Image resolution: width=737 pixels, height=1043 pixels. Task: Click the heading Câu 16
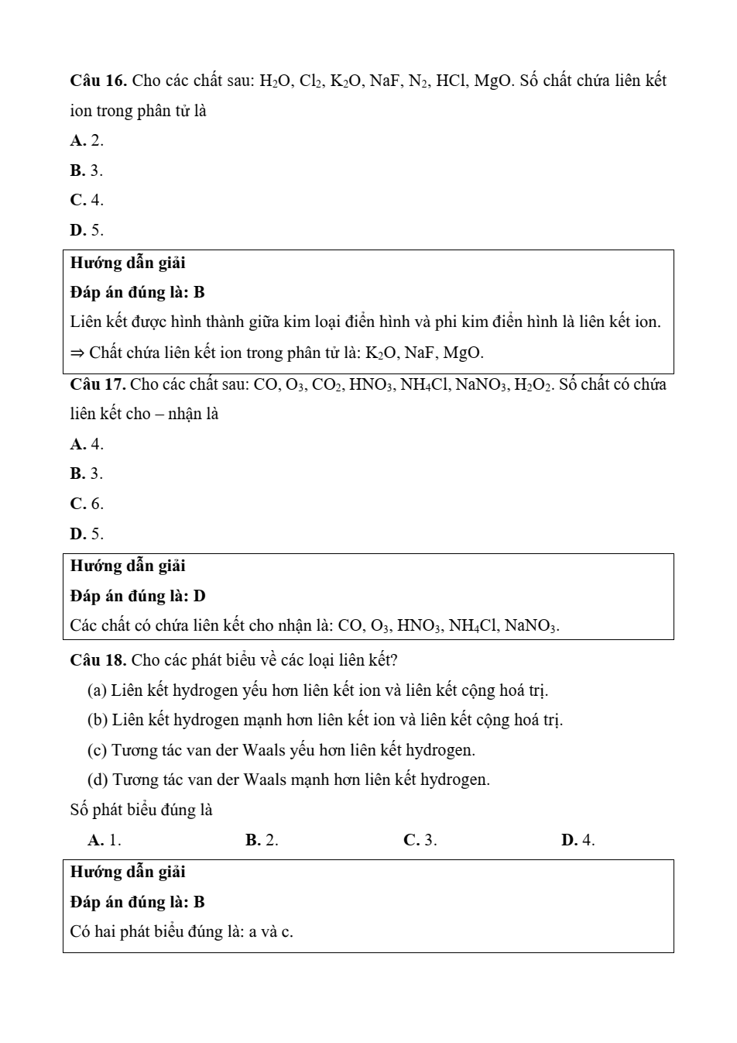98,81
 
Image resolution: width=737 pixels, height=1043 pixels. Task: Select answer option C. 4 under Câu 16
86,200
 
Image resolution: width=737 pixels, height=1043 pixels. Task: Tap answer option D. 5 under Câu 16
86,230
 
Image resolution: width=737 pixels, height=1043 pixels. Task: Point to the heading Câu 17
98,384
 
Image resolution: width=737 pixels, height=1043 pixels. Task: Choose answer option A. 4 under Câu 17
86,444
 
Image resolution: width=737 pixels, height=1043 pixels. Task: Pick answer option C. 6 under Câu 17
86,504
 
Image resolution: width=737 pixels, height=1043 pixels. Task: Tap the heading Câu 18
98,660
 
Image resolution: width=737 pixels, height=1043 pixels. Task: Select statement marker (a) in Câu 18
97,690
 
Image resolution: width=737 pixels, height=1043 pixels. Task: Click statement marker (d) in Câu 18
98,780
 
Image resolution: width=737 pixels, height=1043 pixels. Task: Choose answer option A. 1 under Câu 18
105,840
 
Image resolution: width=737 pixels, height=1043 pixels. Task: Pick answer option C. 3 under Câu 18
420,840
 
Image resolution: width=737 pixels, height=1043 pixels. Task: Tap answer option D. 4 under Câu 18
578,840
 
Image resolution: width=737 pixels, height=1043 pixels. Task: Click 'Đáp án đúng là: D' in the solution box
138,596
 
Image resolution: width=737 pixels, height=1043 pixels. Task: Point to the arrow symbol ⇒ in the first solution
77,353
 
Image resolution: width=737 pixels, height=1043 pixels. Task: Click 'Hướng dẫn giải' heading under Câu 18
128,872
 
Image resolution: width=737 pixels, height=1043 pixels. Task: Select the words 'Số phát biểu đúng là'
141,810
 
